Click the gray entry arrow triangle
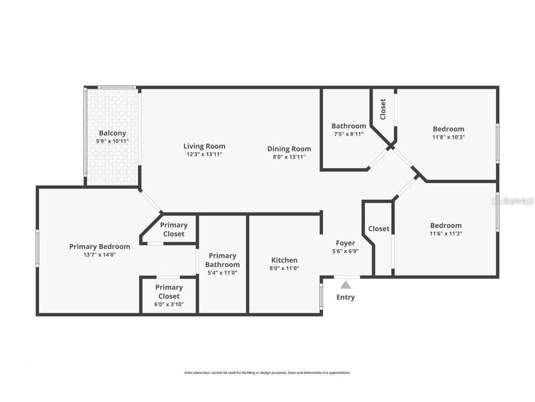pos(345,285)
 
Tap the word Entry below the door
pos(345,297)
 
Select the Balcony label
pos(112,133)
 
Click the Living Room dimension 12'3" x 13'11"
pos(204,154)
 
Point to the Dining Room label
pos(289,149)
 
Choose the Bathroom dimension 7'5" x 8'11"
pos(348,134)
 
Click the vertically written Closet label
pos(383,109)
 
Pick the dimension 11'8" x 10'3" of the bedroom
pos(448,137)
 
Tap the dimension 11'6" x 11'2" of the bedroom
pos(445,234)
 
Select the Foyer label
pos(346,243)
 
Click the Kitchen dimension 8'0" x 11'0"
pos(284,268)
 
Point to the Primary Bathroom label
pos(222,260)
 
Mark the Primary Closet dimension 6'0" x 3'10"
pos(169,304)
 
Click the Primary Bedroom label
pos(99,247)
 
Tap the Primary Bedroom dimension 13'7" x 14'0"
pos(99,255)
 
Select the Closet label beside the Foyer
pos(378,228)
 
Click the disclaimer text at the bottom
pos(267,373)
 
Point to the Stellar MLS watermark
pos(513,201)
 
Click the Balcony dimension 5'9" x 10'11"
pos(112,141)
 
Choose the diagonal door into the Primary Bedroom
pos(151,201)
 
